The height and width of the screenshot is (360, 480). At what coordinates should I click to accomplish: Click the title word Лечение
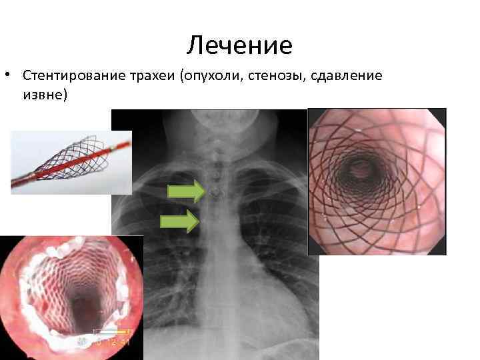(239, 45)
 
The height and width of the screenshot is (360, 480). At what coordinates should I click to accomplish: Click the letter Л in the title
(194, 46)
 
